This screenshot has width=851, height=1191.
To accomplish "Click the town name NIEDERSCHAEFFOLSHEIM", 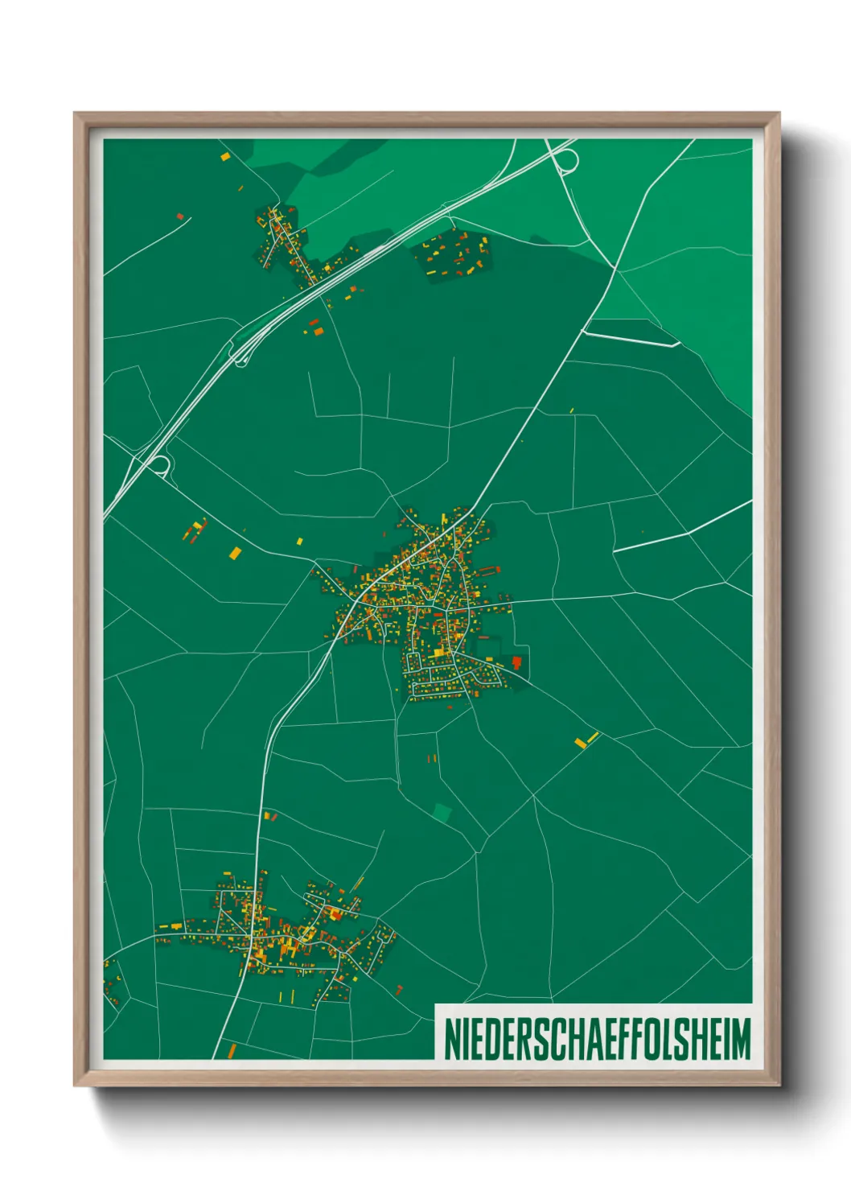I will pyautogui.click(x=597, y=1039).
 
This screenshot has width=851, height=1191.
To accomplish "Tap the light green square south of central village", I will pyautogui.click(x=442, y=811).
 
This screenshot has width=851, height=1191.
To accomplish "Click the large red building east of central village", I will pyautogui.click(x=516, y=661).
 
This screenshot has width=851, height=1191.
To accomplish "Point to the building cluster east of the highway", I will pyautogui.click(x=453, y=253).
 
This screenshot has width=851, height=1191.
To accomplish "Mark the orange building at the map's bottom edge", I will pyautogui.click(x=232, y=1050).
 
